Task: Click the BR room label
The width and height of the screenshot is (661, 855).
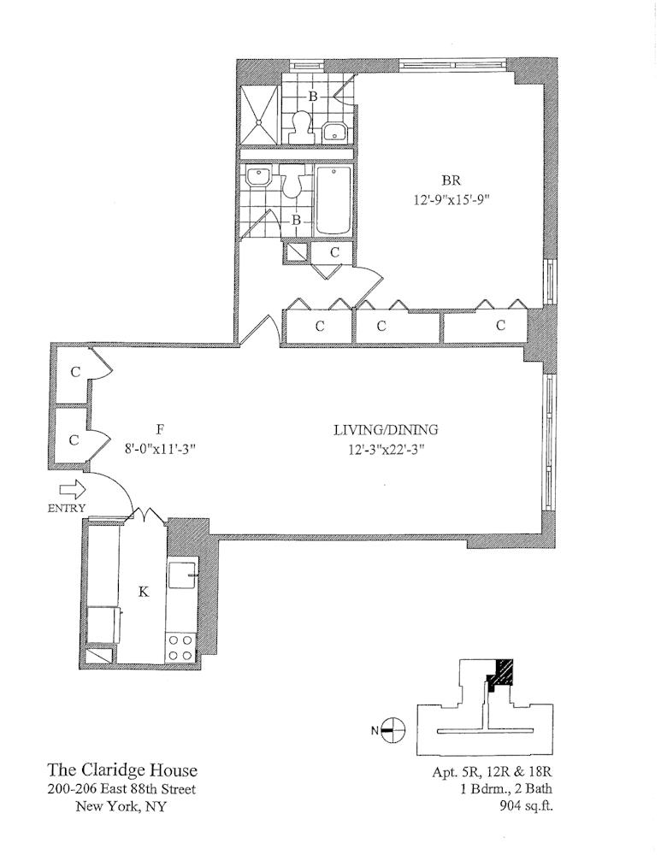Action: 450,181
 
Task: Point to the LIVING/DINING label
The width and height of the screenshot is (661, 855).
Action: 379,431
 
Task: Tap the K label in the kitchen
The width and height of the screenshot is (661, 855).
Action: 144,591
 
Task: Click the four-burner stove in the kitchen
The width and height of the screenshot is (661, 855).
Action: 180,646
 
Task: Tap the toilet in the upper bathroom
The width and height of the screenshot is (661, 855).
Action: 299,127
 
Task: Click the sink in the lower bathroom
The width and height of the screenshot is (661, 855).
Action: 257,180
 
